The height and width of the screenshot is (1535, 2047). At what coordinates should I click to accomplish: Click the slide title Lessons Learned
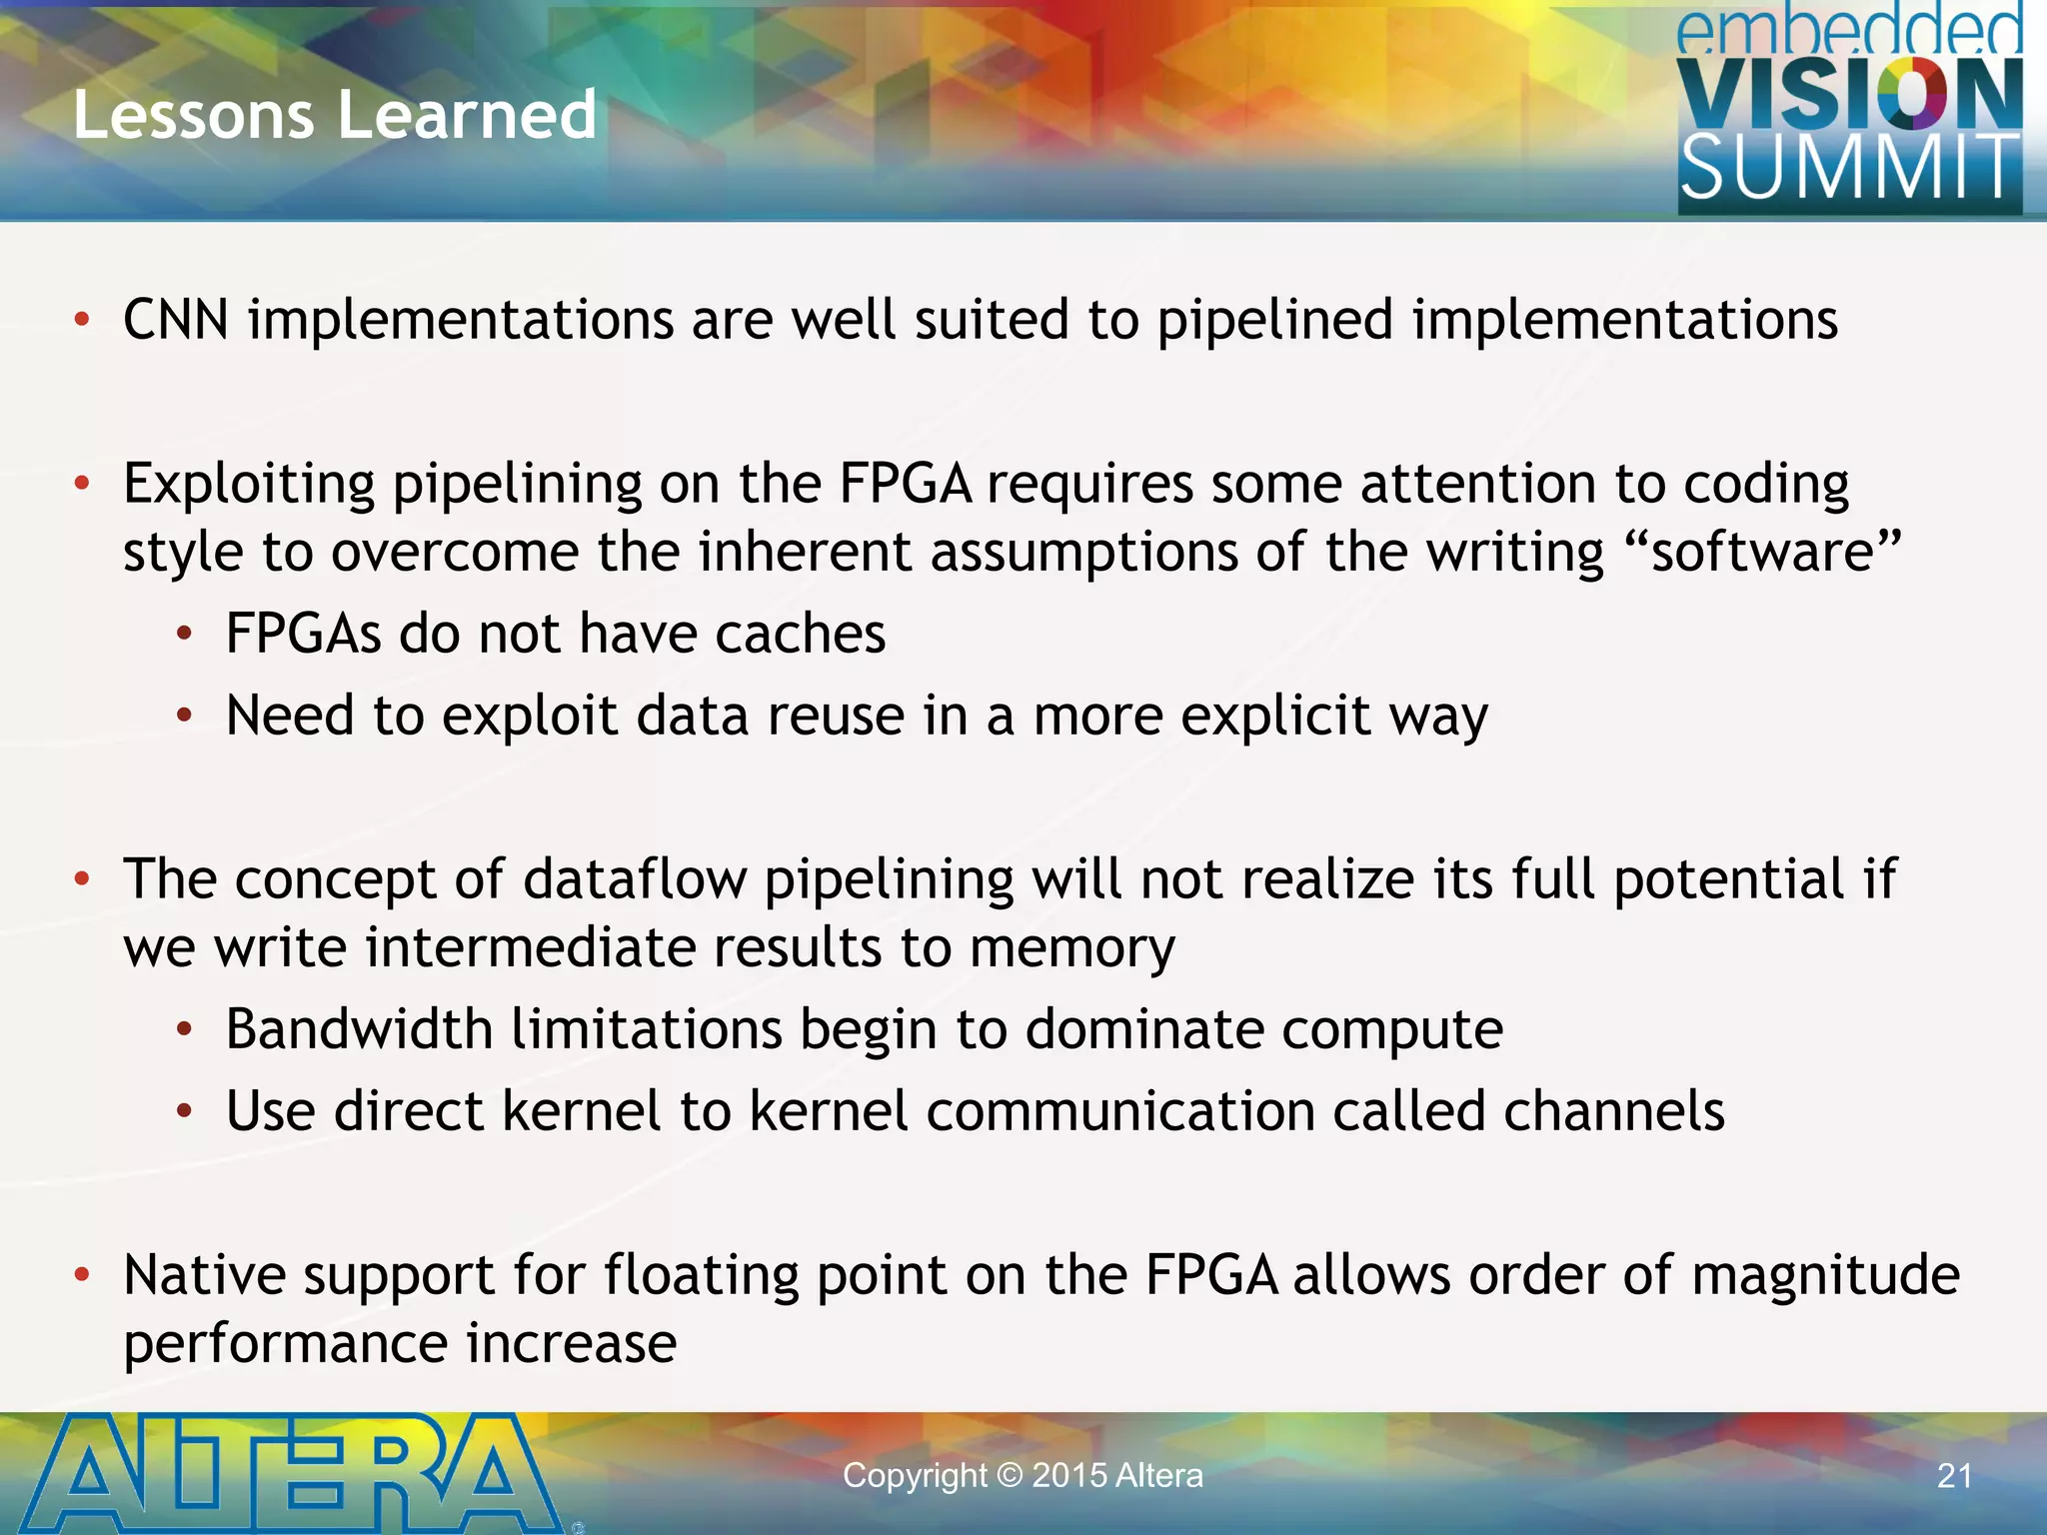(335, 114)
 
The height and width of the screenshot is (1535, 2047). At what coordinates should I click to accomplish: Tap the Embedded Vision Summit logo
(1849, 110)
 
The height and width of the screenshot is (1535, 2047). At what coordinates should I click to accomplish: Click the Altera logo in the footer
(290, 1474)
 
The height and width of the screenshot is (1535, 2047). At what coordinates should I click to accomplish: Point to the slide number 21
(1955, 1476)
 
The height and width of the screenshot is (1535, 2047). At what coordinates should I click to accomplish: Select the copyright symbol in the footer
(1010, 1476)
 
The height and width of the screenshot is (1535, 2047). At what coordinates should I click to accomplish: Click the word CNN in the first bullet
(176, 320)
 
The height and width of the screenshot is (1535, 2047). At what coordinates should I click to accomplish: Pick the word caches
(801, 634)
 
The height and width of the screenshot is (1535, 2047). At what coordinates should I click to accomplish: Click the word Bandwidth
(359, 1029)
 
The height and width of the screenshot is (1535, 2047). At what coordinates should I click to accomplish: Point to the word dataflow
(635, 879)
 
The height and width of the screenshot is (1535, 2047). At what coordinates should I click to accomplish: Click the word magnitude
(1825, 1275)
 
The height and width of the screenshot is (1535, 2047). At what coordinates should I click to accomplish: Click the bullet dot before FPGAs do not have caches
(184, 634)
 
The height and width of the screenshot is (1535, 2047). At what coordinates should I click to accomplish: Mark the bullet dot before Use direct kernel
(184, 1111)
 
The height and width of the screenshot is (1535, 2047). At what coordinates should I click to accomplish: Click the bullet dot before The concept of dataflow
(82, 879)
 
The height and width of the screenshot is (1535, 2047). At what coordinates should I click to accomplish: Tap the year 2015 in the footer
(1068, 1476)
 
